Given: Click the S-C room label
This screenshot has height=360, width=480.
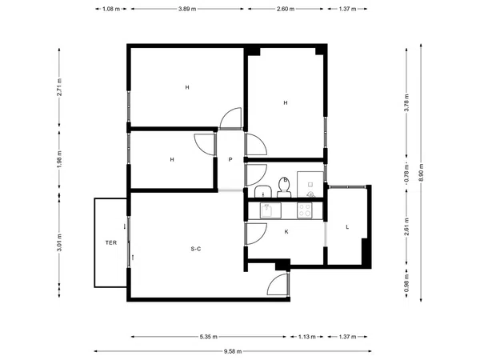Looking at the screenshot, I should point(195,250).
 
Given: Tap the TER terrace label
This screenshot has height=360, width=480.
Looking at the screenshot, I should point(110,242).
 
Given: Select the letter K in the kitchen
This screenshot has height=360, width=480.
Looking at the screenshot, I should point(286,231).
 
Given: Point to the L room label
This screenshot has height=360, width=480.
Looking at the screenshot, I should point(346,227).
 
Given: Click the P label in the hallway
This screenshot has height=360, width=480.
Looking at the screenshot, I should point(230,159).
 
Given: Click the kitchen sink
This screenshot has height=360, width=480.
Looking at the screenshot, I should point(268,210).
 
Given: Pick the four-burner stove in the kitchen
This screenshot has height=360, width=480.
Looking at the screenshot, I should point(305,210).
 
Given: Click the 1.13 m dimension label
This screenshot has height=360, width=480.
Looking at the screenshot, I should point(308,336).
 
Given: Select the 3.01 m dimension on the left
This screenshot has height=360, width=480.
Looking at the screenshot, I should point(59,242).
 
